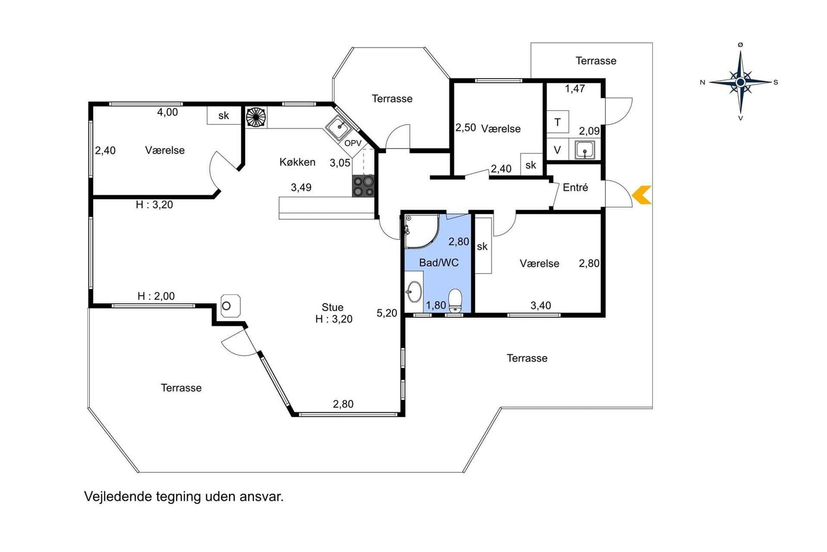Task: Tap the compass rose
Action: [740, 82]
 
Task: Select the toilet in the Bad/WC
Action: [455, 301]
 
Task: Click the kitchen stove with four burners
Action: [363, 186]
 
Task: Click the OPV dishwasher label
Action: [353, 143]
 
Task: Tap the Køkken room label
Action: [297, 162]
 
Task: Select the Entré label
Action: [575, 187]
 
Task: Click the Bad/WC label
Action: [439, 263]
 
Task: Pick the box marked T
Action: [558, 122]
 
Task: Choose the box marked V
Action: [558, 150]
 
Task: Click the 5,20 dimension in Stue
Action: [387, 313]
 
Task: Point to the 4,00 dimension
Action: [167, 112]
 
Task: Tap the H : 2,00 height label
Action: [156, 296]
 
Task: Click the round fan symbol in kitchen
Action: [256, 117]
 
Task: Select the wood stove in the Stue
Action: [231, 306]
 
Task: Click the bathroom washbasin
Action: [414, 292]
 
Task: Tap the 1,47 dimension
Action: [575, 88]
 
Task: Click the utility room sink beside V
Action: [585, 150]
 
